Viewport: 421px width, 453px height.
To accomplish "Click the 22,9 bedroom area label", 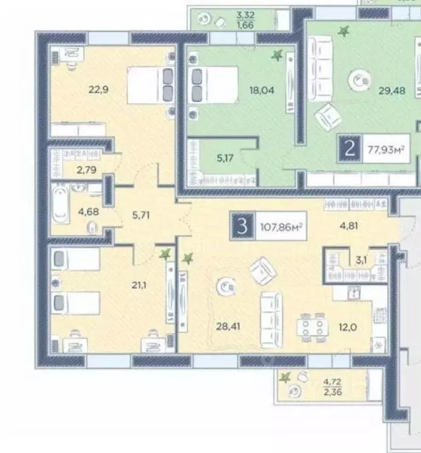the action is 99,90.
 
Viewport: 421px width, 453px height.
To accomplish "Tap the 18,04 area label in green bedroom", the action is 262,90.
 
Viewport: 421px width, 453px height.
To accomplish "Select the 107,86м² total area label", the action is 281,226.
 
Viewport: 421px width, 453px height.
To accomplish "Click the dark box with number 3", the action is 242,226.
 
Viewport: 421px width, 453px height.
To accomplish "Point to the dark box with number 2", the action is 350,149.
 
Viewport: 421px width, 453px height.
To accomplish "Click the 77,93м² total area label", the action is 386,150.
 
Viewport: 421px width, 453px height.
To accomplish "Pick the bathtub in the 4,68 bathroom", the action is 60,203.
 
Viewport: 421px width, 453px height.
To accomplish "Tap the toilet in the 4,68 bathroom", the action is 92,227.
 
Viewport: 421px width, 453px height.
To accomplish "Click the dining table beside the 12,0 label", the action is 313,328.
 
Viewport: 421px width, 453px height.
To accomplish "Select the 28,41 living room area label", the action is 228,326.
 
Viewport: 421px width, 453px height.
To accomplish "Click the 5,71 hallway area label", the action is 141,215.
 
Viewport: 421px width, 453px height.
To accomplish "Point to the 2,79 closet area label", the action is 86,170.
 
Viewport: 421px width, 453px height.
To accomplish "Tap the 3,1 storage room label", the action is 361,260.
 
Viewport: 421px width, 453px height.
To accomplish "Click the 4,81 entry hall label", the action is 349,226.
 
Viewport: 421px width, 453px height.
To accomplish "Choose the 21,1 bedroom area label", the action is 139,286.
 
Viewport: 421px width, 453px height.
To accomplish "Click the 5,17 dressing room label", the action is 225,158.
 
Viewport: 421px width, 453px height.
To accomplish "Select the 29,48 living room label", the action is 392,91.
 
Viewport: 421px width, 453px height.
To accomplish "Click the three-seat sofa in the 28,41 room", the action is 271,319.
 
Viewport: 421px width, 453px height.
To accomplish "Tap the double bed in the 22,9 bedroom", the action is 151,85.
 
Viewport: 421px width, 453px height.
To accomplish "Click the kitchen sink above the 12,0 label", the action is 353,293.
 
